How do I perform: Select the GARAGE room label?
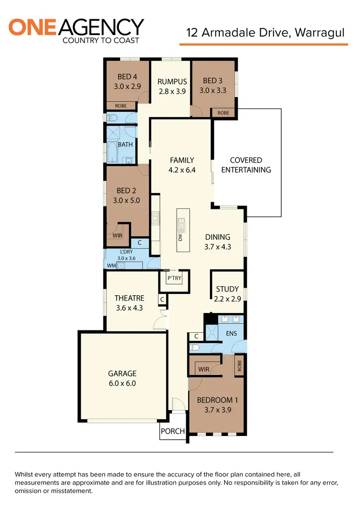tap(122, 373)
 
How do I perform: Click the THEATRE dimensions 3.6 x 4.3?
tap(130, 308)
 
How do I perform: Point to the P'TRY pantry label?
tap(174, 278)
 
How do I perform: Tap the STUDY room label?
tap(227, 289)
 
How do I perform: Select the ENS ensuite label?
tap(231, 333)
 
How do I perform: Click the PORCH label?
tap(172, 431)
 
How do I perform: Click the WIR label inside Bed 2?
tap(117, 236)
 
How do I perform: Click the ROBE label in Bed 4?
tap(120, 106)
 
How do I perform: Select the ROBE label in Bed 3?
tap(223, 113)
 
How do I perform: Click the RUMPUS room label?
tap(172, 82)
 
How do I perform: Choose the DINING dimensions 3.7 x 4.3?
tap(218, 247)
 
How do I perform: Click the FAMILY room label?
tap(182, 160)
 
